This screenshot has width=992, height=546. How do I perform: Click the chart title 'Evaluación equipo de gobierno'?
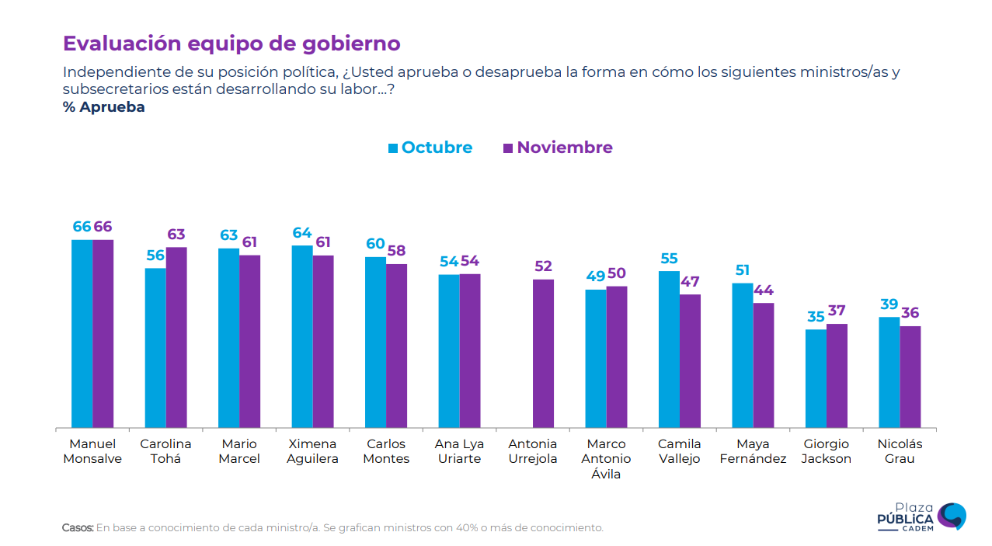(231, 43)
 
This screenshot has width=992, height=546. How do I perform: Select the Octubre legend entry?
(430, 148)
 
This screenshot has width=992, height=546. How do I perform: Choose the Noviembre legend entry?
(558, 148)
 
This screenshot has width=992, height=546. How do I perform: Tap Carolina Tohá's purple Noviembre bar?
(176, 338)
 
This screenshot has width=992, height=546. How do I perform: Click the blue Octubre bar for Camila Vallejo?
(669, 350)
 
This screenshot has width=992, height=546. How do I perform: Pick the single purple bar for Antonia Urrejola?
(543, 353)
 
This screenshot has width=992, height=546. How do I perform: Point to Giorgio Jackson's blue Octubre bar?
(816, 378)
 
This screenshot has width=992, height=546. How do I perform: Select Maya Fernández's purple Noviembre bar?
(764, 365)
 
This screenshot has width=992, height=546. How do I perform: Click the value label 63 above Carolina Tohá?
(176, 235)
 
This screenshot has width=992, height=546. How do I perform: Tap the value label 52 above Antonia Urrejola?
(543, 266)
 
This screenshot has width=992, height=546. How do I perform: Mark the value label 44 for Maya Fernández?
(764, 290)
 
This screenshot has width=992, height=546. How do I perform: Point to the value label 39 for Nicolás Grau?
(889, 304)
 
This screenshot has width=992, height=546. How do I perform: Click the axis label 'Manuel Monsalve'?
(92, 451)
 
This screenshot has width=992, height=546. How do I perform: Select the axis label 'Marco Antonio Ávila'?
(606, 458)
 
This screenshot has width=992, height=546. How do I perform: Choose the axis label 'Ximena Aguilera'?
(313, 451)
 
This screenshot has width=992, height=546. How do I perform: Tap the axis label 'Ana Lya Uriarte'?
(459, 451)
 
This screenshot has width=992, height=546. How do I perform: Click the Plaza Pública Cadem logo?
(921, 516)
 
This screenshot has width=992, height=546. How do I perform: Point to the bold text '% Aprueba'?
(104, 107)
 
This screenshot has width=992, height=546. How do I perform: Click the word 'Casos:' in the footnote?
(78, 527)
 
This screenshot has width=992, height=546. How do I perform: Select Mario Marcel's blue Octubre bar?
(228, 338)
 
